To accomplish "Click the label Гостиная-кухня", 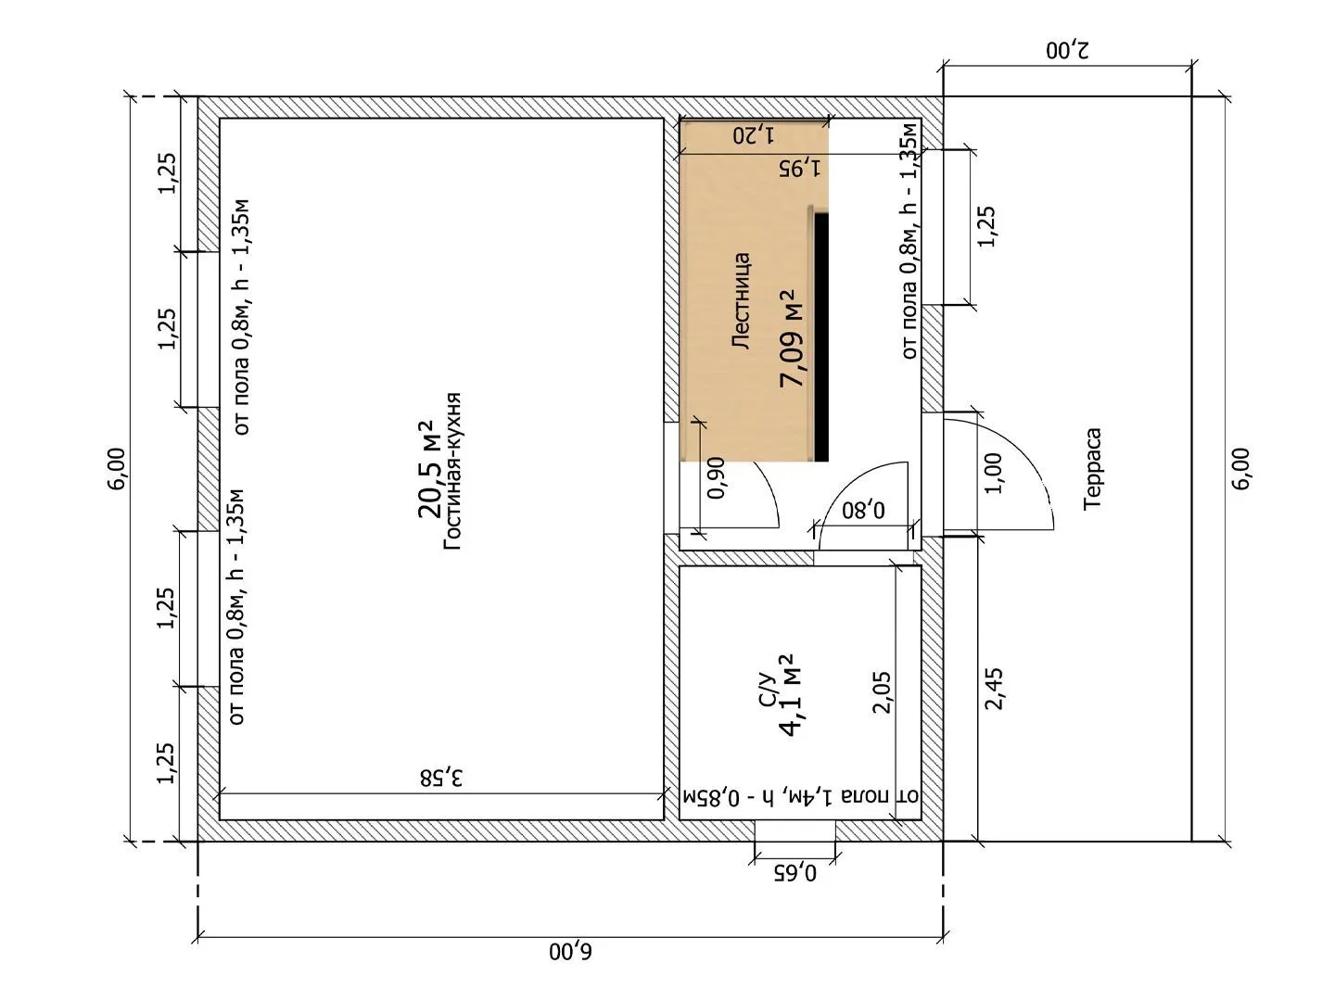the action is [x=452, y=472].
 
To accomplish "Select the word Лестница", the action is [x=742, y=301].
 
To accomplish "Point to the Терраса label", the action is [x=1092, y=469].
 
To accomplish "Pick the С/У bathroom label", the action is [x=768, y=690].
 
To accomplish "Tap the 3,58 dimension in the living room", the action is [x=441, y=778].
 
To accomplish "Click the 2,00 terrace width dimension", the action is [x=1067, y=49].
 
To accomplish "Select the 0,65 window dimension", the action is [x=795, y=873].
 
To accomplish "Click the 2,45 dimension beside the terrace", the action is [x=994, y=689].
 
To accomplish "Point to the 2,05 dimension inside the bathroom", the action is [x=882, y=691].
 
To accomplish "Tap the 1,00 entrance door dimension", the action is [x=992, y=474].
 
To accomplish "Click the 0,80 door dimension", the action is [x=864, y=510].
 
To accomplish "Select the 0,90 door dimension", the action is [x=717, y=477].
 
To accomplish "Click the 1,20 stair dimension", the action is [x=754, y=135].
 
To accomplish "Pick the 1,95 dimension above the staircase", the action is [x=800, y=167].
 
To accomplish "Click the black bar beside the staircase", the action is [x=821, y=336].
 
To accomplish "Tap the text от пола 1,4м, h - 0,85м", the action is [x=801, y=795].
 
